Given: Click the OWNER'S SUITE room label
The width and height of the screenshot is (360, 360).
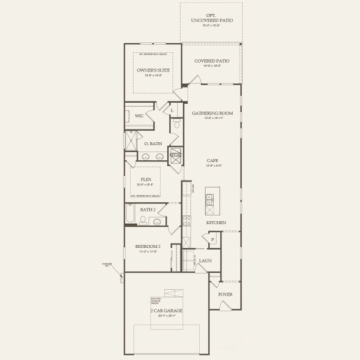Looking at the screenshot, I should pos(153,70).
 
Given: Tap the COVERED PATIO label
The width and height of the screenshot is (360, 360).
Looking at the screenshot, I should pos(212,61).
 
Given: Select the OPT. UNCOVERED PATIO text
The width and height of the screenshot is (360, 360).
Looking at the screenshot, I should pos(212,18).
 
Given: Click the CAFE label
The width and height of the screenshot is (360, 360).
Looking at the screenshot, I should pos(212,161).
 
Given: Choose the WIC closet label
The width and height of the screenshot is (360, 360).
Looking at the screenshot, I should pos(139,115).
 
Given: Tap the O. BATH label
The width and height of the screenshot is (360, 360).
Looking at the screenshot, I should pos(152,143).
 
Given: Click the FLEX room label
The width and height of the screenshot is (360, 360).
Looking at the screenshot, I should pos(146,179).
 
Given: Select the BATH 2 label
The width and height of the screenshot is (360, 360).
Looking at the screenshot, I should pos(148,209).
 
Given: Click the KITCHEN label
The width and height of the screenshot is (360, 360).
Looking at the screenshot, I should pos(216,223).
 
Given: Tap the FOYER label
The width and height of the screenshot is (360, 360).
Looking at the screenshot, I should pos(225,295).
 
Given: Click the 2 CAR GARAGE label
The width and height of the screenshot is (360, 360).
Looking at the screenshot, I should pos(167,311).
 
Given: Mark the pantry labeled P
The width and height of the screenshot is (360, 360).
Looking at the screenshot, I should pos(213,240).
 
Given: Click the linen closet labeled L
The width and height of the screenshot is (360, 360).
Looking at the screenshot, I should pos(172,110).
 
